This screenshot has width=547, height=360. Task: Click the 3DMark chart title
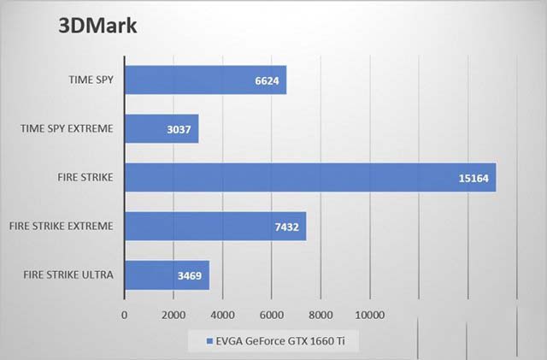[x=97, y=25]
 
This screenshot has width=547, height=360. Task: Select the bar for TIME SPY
[x=205, y=80]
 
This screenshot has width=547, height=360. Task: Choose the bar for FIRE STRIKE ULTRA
[x=167, y=275]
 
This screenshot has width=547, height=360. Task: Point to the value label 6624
[x=268, y=80]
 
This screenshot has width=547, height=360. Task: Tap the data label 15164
[x=476, y=179]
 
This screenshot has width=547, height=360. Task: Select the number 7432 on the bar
[x=288, y=227]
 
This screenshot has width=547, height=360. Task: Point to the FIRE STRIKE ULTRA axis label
[x=62, y=275]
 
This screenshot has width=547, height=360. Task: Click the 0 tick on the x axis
[x=125, y=315]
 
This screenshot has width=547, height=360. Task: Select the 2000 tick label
[x=174, y=315]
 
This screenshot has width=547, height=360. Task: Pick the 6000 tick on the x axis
[x=272, y=315]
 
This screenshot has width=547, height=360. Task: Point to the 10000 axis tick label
[x=370, y=315]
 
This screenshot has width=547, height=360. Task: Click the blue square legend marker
[x=209, y=343]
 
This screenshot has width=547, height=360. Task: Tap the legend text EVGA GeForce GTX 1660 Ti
[x=281, y=343]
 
